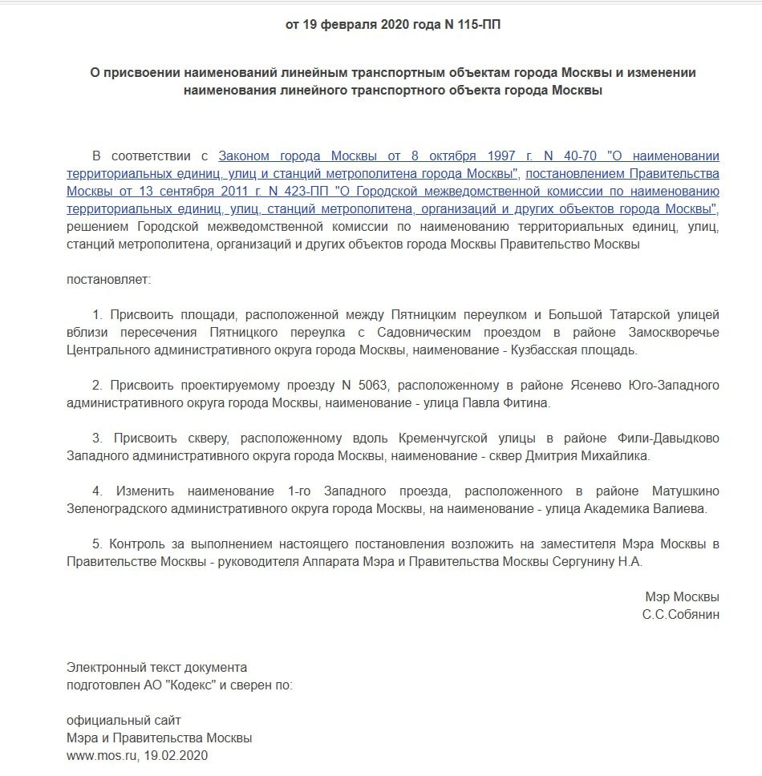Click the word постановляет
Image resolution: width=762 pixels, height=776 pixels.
coord(108,281)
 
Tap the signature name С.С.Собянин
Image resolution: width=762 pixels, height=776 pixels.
coord(680,615)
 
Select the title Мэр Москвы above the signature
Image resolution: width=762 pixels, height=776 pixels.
coord(682,597)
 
